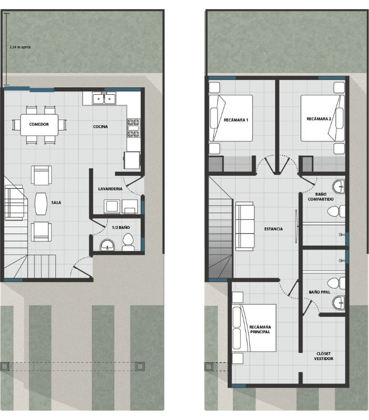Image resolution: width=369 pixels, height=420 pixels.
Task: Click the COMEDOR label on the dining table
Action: [39, 124]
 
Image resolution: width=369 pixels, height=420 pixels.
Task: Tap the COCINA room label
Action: [100, 127]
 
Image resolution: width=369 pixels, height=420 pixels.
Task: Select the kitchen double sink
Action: [104, 99]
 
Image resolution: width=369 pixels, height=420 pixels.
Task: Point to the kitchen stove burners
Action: [133, 128]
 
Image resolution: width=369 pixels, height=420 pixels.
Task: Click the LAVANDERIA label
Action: [110, 189]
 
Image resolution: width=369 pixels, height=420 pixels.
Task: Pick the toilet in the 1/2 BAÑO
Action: [128, 242]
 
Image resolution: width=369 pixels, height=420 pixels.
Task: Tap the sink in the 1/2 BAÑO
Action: [107, 245]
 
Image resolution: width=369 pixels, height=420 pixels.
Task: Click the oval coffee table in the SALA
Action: [41, 204]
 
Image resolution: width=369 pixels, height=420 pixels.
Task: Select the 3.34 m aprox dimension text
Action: [20, 47]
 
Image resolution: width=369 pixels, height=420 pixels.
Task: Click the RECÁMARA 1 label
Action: [236, 120]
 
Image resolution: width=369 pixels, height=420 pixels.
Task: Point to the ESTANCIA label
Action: [273, 229]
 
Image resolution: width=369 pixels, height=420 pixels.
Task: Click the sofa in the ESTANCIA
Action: [245, 227]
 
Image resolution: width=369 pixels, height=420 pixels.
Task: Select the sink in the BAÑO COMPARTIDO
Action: [338, 186]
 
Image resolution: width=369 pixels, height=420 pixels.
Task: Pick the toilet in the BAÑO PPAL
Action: [336, 283]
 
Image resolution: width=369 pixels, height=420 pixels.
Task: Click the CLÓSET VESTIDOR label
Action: [323, 356]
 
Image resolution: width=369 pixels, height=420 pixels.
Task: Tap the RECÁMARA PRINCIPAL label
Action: [260, 329]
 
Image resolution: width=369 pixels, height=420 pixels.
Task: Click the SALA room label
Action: [56, 203]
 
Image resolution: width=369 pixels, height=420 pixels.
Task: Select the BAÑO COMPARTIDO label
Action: [321, 197]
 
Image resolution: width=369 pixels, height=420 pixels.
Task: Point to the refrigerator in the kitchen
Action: [132, 160]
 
